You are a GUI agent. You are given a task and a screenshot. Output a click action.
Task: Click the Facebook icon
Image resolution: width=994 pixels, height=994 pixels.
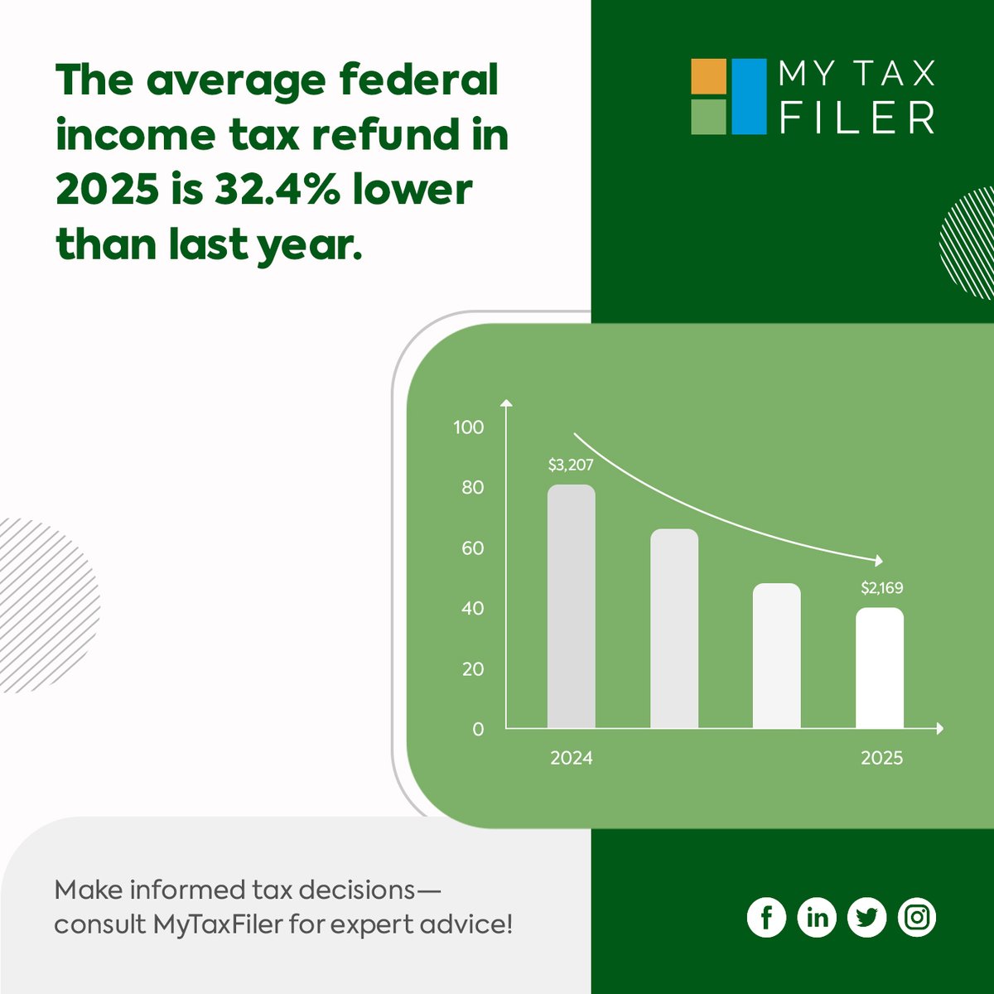(x=766, y=917)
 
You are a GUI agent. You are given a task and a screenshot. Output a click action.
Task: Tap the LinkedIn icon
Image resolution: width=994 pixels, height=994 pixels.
(x=817, y=917)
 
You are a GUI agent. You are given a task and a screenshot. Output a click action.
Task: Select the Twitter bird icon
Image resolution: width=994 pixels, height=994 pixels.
(x=866, y=917)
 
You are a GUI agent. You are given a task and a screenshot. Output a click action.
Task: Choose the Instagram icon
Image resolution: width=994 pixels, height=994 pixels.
(x=917, y=917)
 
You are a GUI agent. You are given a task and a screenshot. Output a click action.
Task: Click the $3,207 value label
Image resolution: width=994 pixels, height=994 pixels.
(x=571, y=466)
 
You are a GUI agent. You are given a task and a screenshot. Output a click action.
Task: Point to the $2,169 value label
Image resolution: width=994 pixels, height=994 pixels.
(x=881, y=588)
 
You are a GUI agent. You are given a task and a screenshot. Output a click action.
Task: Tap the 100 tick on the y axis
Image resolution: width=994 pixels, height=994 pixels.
(x=469, y=427)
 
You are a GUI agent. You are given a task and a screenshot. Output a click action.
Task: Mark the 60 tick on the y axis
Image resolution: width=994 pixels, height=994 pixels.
(x=473, y=548)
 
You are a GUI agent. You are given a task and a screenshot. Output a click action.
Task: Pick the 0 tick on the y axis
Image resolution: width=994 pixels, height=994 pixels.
(x=478, y=730)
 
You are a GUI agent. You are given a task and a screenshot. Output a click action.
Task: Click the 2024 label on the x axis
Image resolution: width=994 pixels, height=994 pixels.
(x=572, y=758)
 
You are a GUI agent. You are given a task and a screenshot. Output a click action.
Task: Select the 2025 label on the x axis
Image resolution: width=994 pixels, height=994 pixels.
(x=881, y=758)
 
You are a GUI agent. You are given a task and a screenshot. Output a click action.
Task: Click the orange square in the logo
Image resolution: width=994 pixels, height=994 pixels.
(x=708, y=76)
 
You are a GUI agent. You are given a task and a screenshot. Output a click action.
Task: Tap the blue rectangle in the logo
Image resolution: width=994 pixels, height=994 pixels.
(x=750, y=96)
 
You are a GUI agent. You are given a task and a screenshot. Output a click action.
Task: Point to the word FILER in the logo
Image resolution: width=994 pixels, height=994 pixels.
(x=857, y=118)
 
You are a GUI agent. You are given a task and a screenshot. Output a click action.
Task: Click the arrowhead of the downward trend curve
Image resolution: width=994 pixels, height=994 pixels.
(x=879, y=561)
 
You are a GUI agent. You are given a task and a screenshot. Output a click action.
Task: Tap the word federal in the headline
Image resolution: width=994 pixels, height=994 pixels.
(x=418, y=80)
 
